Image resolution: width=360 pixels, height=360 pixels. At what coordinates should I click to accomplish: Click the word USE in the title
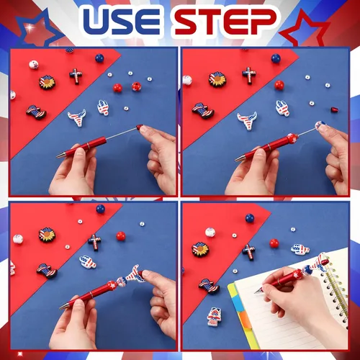point(122,22)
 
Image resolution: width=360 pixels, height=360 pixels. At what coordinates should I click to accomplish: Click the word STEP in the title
point(225,22)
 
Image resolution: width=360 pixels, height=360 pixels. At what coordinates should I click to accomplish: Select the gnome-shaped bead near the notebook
point(214,316)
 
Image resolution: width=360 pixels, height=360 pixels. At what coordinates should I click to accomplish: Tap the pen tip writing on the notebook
point(256,292)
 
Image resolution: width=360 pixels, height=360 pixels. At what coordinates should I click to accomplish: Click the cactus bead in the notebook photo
point(300,250)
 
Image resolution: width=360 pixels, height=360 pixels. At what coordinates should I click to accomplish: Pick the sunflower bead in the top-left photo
point(47,82)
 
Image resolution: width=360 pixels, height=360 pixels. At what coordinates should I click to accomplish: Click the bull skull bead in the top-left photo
point(77,117)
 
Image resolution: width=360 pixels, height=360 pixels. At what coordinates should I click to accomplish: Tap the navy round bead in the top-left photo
point(99,58)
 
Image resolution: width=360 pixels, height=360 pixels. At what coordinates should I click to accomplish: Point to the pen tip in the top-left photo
point(58,156)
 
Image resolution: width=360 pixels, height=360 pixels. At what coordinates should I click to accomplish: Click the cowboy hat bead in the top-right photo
point(203,111)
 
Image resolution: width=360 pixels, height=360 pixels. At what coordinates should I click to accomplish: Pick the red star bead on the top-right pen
point(292,139)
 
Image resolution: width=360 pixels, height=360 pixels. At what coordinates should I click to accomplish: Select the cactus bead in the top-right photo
point(283,108)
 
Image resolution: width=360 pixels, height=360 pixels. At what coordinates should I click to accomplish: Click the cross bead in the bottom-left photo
point(94,242)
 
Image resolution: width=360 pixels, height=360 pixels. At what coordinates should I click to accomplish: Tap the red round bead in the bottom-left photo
point(121,236)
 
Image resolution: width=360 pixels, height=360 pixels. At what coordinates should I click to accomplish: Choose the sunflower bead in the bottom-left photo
point(47,235)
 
